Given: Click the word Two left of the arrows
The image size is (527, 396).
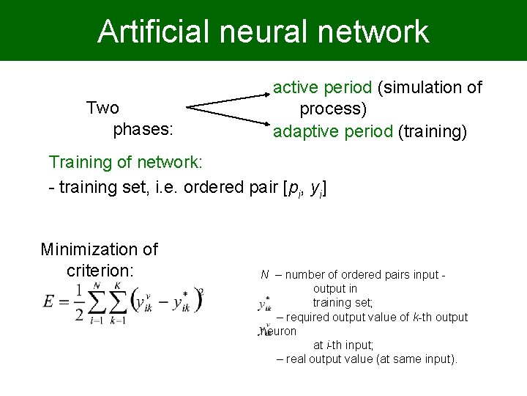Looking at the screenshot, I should pos(102,109).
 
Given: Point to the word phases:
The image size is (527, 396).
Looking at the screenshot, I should pos(143,131).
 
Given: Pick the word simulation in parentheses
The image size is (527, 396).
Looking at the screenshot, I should pos(422,88).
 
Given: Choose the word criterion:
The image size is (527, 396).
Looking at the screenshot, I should pos(100,270).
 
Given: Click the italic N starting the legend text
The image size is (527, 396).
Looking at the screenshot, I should pos(264,275).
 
